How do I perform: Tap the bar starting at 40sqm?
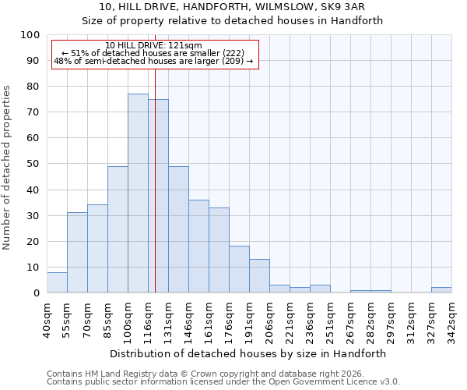point(57,282)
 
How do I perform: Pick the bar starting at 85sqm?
point(118,229)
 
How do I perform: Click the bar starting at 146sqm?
point(198,246)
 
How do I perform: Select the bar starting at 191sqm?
point(259,276)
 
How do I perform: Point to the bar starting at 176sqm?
point(239,270)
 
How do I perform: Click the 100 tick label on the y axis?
point(30,35)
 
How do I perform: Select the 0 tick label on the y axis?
point(37,293)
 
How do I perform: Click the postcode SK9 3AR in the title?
point(354,7)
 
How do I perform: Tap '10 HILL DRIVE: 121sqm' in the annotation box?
point(153,46)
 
